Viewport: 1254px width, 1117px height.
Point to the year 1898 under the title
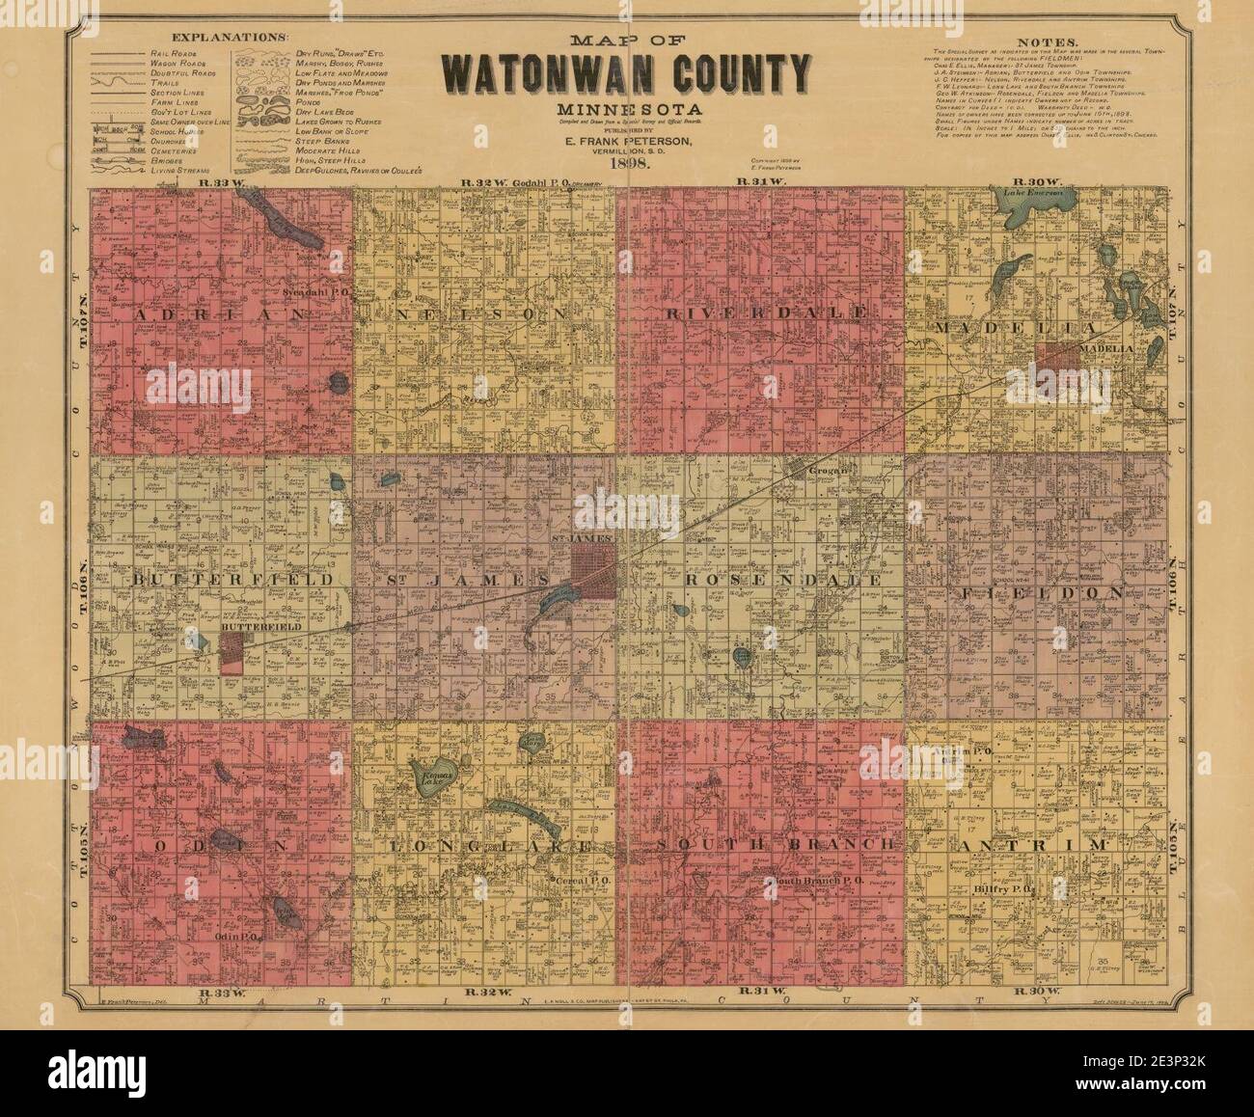tap(628, 164)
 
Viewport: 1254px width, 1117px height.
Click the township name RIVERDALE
tap(768, 314)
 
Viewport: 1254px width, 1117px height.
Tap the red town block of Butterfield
tap(232, 652)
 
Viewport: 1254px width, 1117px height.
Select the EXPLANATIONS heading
tap(229, 36)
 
